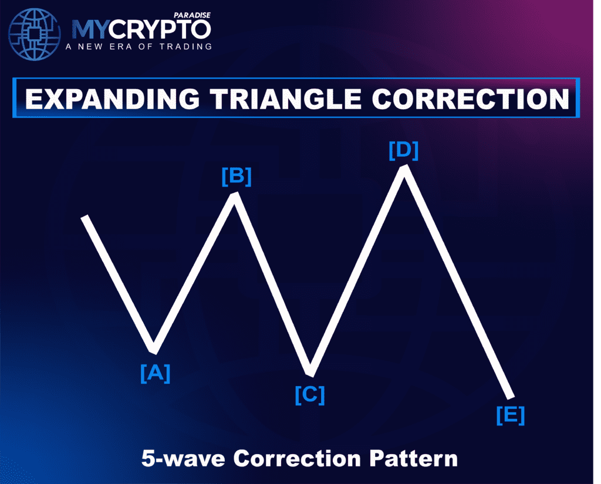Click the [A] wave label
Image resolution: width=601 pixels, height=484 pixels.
(x=155, y=373)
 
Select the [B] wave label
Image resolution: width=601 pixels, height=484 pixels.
(x=236, y=177)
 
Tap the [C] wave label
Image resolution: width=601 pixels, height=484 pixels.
(x=309, y=395)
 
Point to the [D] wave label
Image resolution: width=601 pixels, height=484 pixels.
(x=404, y=150)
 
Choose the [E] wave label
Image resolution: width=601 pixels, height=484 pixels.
(x=510, y=415)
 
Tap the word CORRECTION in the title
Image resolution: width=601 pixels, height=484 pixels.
(x=471, y=98)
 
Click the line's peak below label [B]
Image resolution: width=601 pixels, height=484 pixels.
(x=235, y=195)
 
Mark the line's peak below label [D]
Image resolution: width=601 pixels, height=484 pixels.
(x=404, y=169)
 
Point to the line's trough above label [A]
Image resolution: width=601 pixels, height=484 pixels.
(x=154, y=350)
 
